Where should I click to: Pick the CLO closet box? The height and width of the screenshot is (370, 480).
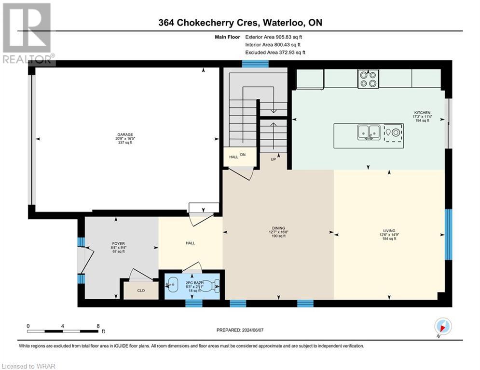[141, 291]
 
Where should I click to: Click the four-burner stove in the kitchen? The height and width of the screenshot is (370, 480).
[368, 79]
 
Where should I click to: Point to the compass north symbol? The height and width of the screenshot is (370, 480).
[442, 326]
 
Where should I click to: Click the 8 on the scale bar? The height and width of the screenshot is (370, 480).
[99, 326]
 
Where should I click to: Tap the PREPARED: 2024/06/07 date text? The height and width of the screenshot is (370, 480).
[239, 330]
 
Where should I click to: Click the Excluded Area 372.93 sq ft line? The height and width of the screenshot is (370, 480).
[275, 52]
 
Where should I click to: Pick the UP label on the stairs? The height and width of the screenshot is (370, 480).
[273, 159]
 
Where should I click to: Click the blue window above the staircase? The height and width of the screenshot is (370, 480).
[255, 64]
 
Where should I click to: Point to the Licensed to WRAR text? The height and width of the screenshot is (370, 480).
[28, 366]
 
